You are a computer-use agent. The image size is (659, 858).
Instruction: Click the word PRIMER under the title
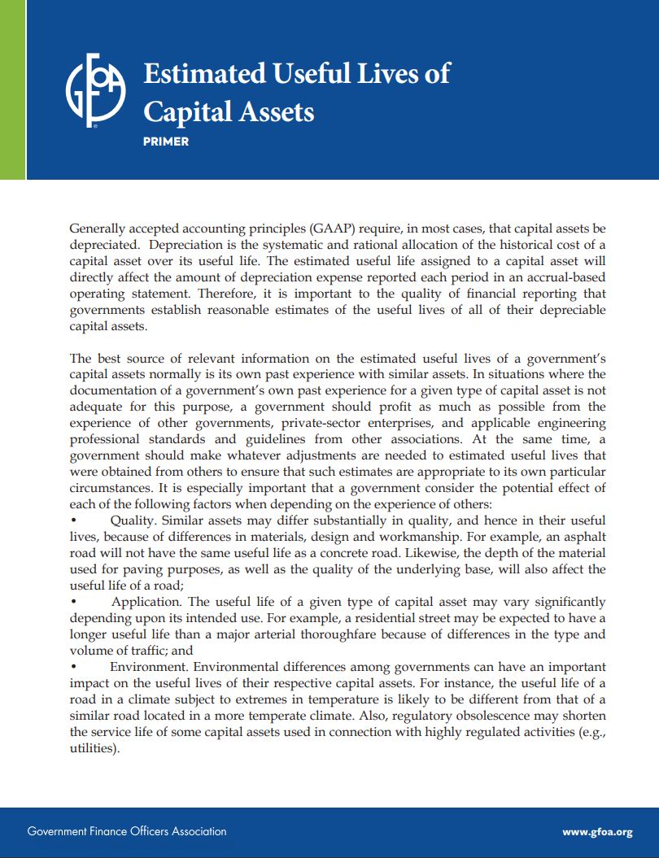coord(166,142)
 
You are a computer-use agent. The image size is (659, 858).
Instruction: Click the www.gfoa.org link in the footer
coord(597,832)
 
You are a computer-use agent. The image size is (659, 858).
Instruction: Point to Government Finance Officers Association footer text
coord(127,831)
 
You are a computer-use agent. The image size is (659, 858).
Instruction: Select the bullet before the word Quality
coord(73,520)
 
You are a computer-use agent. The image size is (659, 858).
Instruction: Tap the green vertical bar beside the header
coord(12,89)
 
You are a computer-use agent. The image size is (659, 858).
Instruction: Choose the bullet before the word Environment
coord(73,667)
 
